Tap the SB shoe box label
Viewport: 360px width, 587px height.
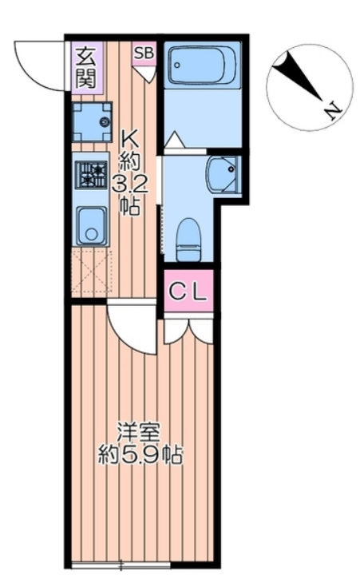click(144, 53)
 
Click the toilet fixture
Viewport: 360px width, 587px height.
click(189, 240)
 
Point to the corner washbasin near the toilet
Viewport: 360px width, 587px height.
click(223, 174)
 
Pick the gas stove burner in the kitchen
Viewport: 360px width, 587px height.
click(91, 174)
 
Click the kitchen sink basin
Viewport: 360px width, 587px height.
click(91, 225)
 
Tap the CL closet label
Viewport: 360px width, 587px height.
click(188, 292)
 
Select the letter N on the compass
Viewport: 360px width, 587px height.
click(333, 111)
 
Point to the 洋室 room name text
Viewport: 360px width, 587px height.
click(138, 433)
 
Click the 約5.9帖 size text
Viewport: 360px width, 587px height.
click(140, 455)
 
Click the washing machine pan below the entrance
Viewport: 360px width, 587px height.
click(92, 122)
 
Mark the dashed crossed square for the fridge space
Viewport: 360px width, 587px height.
click(92, 271)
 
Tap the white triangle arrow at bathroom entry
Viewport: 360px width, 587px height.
click(174, 140)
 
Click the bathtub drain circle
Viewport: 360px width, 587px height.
click(177, 65)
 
